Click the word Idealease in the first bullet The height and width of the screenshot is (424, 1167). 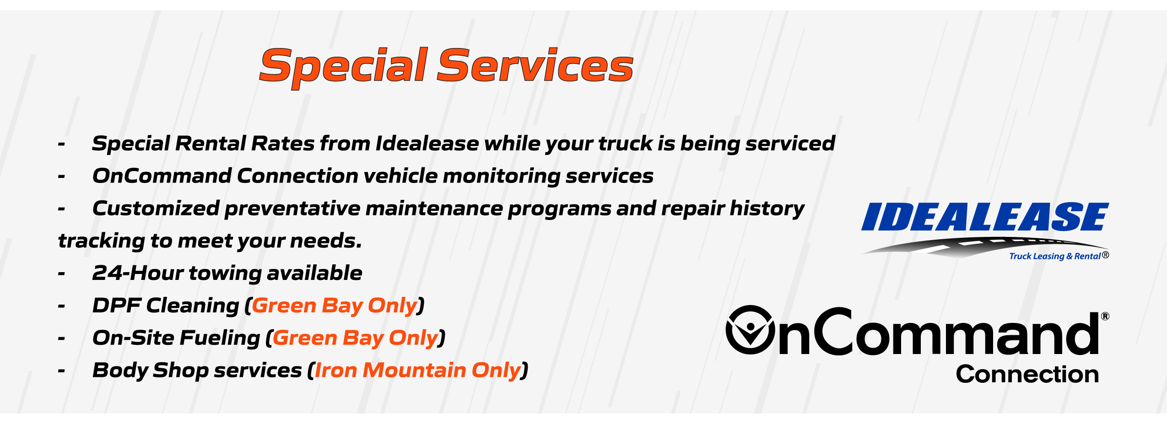(427, 143)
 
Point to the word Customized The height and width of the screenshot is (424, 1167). (156, 208)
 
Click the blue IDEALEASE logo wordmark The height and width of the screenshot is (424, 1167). (985, 217)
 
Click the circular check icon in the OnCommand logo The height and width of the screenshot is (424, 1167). (751, 330)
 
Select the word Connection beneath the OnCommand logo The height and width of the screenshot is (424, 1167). (1027, 374)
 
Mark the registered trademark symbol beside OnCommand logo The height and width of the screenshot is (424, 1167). (1105, 316)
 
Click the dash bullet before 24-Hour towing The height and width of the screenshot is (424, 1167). (62, 274)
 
